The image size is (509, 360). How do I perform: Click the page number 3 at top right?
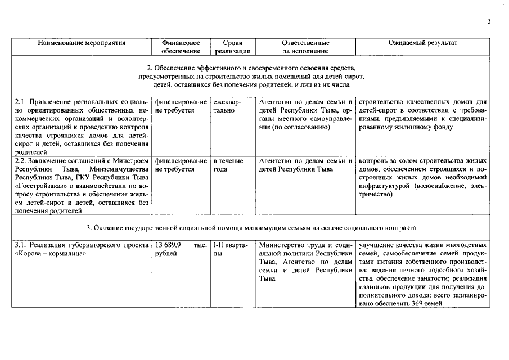pos(489,21)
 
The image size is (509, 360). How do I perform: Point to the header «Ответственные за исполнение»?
pos(305,47)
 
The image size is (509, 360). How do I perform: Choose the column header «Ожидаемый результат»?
pos(423,43)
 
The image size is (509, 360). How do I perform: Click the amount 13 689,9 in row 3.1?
pos(168,245)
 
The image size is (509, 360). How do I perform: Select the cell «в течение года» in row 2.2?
pos(228,165)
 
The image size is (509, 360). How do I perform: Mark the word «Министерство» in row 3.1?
pos(282,245)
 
